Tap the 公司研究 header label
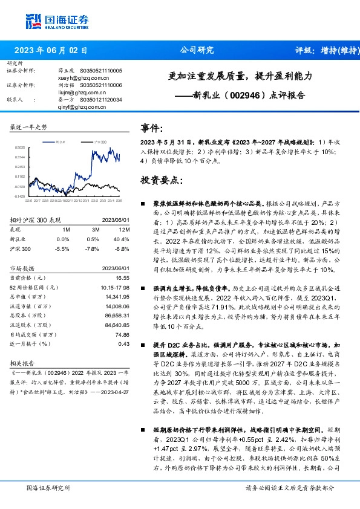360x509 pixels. coord(197,50)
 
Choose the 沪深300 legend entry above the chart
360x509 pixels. coord(100,140)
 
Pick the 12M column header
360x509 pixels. coord(125,230)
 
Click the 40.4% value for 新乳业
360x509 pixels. coord(123,239)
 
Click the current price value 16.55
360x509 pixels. coord(123,277)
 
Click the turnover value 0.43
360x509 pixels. coord(124,344)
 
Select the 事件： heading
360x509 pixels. coord(152,129)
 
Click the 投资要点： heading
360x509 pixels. coord(161,180)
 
